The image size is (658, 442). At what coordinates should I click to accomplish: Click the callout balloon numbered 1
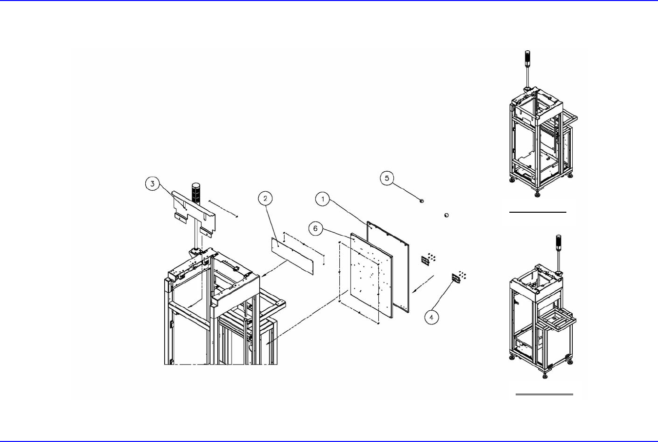(323, 199)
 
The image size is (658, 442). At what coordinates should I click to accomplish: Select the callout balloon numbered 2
(265, 198)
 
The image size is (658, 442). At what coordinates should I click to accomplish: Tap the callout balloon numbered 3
(153, 184)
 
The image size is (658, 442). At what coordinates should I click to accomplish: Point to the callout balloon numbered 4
(431, 318)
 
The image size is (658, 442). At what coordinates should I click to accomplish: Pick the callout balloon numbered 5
(387, 178)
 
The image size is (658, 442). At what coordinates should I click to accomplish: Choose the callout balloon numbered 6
(315, 228)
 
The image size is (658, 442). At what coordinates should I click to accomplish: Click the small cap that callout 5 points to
(422, 201)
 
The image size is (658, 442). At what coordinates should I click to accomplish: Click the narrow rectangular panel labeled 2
(291, 257)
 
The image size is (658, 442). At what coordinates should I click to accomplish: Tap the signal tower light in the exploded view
(195, 193)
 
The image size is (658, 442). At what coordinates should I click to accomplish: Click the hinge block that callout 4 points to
(457, 278)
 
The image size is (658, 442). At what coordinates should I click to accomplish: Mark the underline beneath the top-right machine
(538, 212)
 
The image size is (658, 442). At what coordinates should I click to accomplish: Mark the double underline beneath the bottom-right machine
(544, 394)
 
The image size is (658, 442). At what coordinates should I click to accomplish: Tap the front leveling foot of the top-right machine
(537, 194)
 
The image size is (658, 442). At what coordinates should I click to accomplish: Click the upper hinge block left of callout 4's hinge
(425, 261)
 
